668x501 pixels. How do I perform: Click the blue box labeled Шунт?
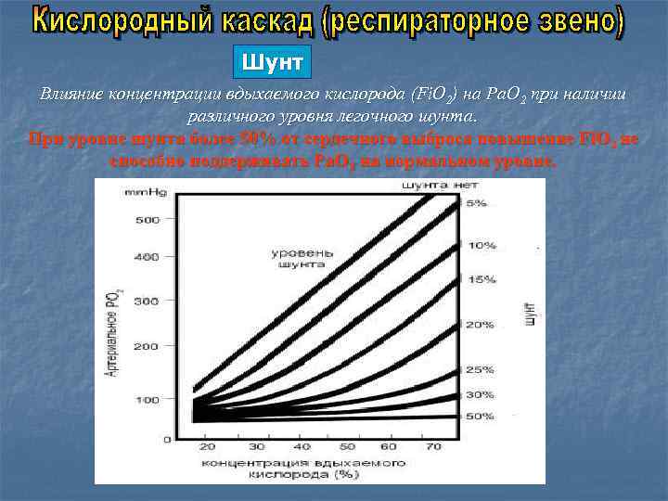coord(271,63)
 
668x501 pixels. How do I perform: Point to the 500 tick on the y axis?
coord(148,220)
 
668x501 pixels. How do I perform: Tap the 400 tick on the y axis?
coord(148,257)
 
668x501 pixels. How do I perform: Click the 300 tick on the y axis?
coord(148,302)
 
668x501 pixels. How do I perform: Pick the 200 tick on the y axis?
coord(148,346)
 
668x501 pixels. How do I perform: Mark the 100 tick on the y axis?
coord(148,400)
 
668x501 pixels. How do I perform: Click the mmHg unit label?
coord(140,191)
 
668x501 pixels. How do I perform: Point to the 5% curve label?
coord(475,203)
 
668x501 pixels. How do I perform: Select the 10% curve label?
coord(482,246)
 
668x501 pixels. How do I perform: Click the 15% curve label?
coord(482,279)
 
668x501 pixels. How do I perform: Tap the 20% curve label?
coord(480,325)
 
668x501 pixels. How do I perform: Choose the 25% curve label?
coord(480,369)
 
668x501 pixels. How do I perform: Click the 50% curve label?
coord(480,416)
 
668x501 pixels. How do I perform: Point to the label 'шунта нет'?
coord(440,186)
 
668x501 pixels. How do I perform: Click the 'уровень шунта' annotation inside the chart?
coord(297,258)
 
